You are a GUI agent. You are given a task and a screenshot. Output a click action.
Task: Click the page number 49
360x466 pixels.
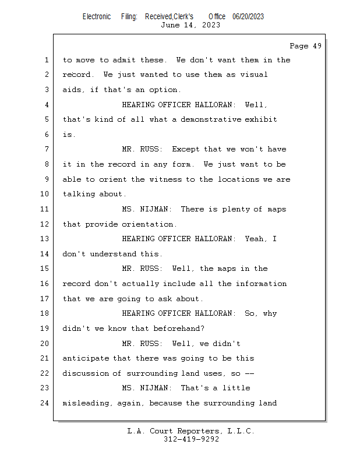tap(317, 46)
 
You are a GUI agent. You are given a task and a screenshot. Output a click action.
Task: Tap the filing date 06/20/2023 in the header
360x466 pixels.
tap(248, 17)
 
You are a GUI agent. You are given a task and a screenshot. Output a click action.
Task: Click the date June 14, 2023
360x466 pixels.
tap(190, 25)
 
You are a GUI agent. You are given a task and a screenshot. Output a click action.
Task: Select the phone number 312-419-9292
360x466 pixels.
tap(191, 439)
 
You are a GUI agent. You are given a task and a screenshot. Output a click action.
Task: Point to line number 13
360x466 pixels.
tap(44, 239)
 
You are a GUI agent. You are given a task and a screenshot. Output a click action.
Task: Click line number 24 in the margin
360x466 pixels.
tap(44, 403)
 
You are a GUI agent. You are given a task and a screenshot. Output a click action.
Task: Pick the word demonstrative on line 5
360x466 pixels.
tap(211, 119)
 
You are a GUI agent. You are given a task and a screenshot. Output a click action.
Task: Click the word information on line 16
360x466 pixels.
tap(262, 284)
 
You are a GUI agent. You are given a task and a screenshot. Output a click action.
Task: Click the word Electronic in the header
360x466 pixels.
tap(97, 17)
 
